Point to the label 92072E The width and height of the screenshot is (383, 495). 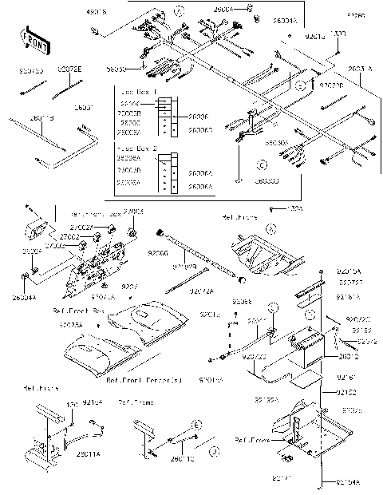[68, 70]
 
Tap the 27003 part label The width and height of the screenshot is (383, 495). [136, 212]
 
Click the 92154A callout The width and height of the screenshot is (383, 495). [349, 482]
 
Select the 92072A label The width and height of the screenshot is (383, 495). [201, 291]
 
